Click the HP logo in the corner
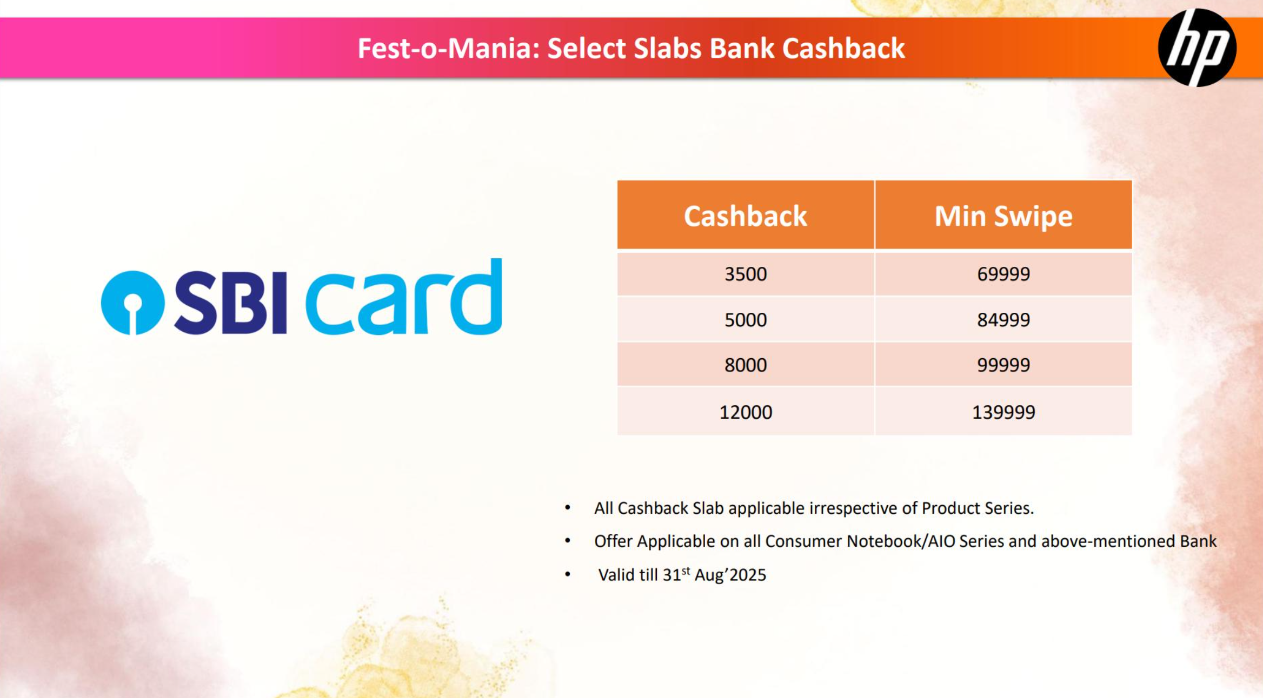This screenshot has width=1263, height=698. (1197, 48)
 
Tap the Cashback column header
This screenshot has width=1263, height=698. (746, 216)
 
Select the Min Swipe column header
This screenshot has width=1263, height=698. (1003, 216)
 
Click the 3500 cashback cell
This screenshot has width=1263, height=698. (746, 274)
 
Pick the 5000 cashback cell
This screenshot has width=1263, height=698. (746, 320)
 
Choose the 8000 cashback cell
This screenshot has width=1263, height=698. (746, 365)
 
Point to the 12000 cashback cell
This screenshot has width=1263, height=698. (746, 412)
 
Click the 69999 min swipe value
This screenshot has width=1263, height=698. (1003, 274)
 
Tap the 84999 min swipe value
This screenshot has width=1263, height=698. (1003, 320)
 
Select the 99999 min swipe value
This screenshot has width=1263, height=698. (1003, 365)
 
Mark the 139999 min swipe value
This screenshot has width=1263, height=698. (1003, 412)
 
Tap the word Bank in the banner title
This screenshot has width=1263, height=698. (742, 48)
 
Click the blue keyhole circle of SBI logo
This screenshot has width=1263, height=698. (132, 303)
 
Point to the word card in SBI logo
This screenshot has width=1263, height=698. (404, 297)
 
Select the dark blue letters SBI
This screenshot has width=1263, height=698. (230, 303)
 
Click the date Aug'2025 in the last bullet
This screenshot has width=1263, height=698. (730, 575)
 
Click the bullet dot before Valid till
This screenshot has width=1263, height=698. (568, 574)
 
